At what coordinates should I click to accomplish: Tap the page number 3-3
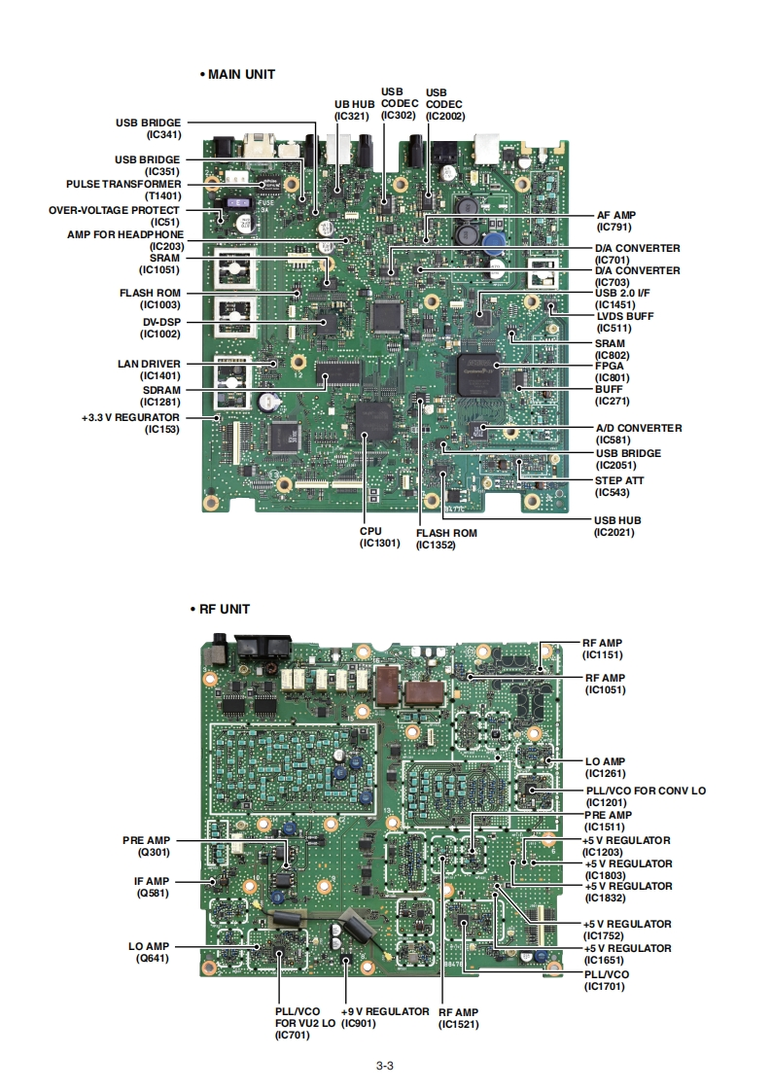pyautogui.click(x=384, y=1065)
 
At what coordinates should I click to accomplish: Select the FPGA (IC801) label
pyautogui.click(x=611, y=371)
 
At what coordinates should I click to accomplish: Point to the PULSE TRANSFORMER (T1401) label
pyautogui.click(x=123, y=189)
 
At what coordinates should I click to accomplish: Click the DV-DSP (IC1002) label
pyautogui.click(x=158, y=328)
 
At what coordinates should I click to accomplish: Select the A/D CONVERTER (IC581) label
pyautogui.click(x=638, y=434)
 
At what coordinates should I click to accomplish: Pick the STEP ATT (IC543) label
pyautogui.click(x=618, y=486)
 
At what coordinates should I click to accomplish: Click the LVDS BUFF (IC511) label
pyautogui.click(x=624, y=322)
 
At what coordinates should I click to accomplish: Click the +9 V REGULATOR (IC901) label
pyautogui.click(x=385, y=1017)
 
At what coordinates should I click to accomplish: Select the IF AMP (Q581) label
pyautogui.click(x=153, y=886)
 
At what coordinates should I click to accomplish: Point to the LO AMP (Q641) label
pyautogui.click(x=149, y=951)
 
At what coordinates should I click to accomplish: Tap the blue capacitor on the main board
pyautogui.click(x=495, y=241)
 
